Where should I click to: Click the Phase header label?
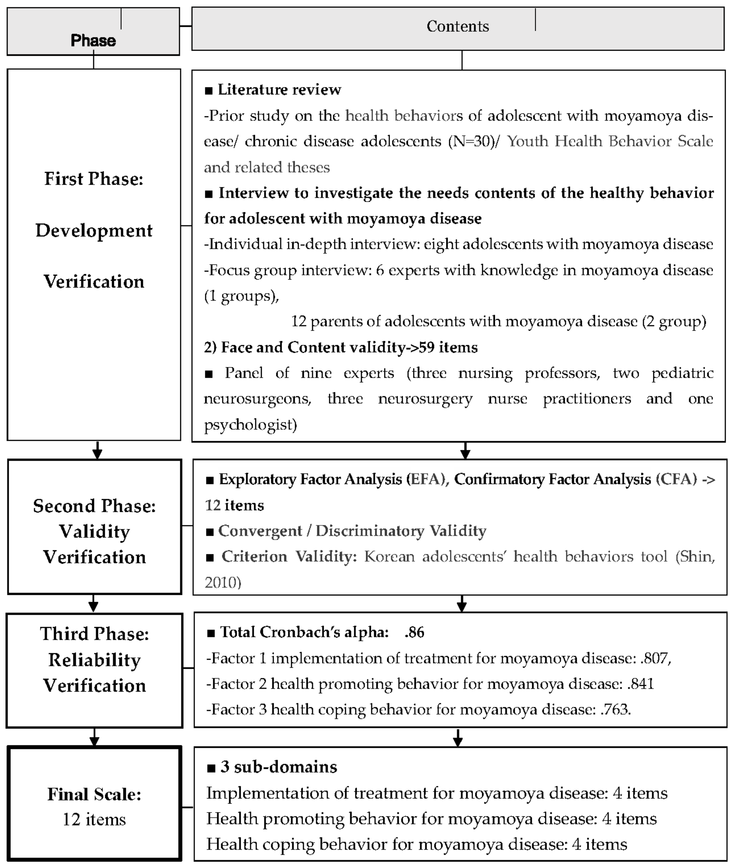(93, 40)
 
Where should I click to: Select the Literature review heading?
(279, 89)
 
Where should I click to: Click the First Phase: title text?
(94, 179)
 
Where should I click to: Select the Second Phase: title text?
(95, 506)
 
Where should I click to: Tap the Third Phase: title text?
(95, 634)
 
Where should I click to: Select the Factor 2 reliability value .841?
(640, 684)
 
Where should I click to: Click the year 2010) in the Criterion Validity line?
(223, 582)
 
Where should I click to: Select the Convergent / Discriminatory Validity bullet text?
(352, 531)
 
